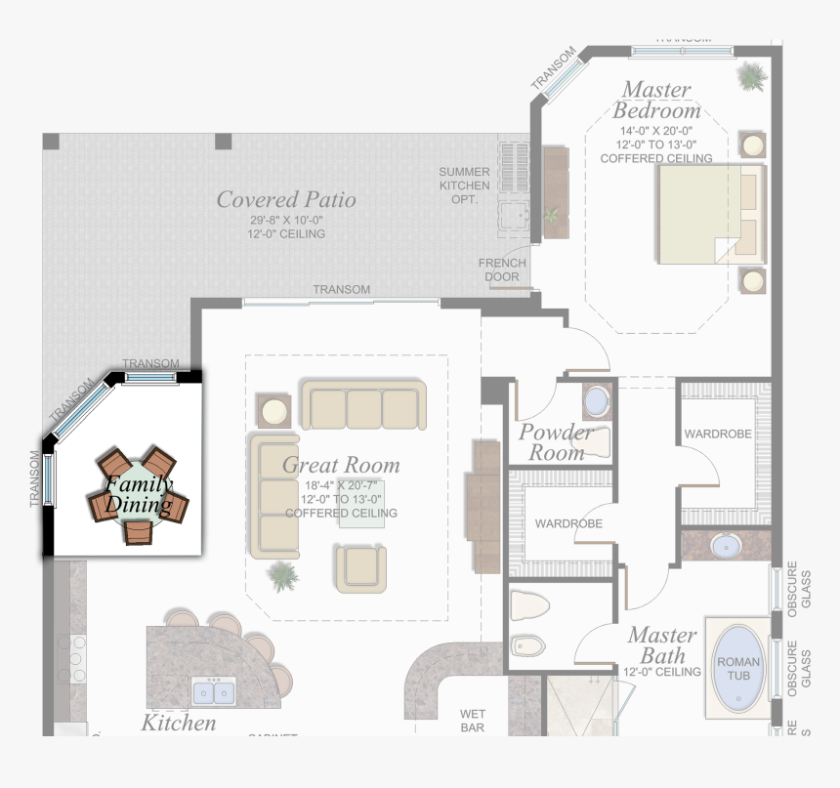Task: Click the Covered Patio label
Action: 286,200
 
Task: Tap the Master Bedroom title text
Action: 656,100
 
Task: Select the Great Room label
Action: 341,466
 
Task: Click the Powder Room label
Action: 555,442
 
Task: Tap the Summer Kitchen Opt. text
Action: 464,186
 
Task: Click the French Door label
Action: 502,270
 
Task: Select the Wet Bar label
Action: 473,721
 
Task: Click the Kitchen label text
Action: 179,723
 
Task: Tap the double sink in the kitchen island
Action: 213,692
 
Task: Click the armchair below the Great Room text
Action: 360,568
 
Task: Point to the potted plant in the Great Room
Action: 283,576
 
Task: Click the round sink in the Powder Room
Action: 595,401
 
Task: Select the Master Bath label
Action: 661,645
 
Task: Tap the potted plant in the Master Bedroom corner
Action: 751,74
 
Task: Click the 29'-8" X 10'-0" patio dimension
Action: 286,221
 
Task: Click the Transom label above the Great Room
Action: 341,290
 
